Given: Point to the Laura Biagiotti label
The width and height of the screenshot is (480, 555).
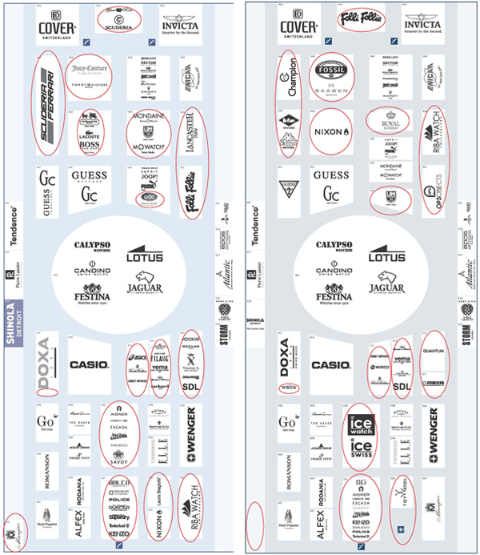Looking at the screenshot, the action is click(x=160, y=506).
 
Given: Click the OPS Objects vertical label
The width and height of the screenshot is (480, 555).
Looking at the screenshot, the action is click(x=431, y=183).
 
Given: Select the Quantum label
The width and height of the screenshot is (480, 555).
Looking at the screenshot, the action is click(x=433, y=350).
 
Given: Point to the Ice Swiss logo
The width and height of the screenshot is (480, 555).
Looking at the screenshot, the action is click(x=361, y=448).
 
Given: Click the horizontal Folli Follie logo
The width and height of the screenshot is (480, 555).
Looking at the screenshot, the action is click(x=362, y=18).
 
